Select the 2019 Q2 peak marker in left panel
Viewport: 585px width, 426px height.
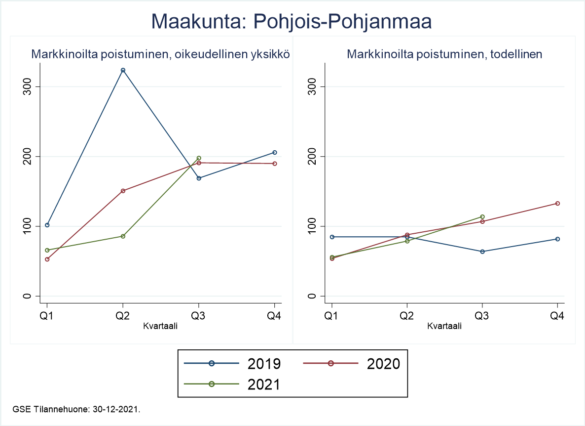pyautogui.click(x=123, y=70)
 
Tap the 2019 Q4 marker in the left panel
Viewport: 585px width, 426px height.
pyautogui.click(x=275, y=152)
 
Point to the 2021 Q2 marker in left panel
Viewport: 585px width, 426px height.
pyautogui.click(x=123, y=236)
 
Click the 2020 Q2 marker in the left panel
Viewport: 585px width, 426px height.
pyautogui.click(x=123, y=191)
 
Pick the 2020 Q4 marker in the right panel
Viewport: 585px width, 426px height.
pyautogui.click(x=557, y=203)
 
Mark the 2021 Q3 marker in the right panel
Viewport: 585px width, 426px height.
pyautogui.click(x=482, y=216)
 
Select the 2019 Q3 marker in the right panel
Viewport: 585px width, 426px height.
pyautogui.click(x=482, y=252)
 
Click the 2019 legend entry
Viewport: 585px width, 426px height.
pyautogui.click(x=232, y=363)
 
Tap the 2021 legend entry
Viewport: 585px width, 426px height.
pyautogui.click(x=232, y=383)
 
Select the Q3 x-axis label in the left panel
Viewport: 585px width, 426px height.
pyautogui.click(x=199, y=316)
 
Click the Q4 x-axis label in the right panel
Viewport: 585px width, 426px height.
pyautogui.click(x=557, y=316)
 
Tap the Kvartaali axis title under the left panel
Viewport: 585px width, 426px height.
pyautogui.click(x=160, y=326)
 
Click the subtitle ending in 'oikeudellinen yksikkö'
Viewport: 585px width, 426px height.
pyautogui.click(x=160, y=54)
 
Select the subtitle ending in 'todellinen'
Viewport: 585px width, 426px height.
pyautogui.click(x=444, y=54)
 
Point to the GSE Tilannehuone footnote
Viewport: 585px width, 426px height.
pyautogui.click(x=76, y=409)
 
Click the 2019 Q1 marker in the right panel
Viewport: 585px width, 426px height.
pyautogui.click(x=332, y=237)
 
